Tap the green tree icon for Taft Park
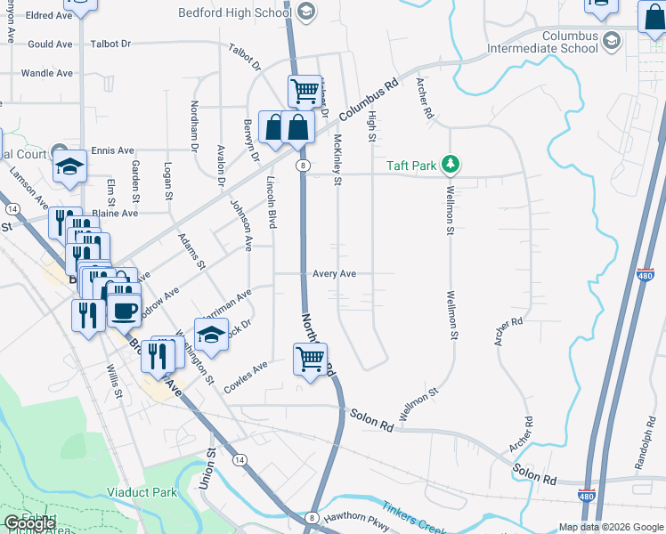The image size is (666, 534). point(451,164)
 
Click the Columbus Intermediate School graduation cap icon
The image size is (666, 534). point(612,41)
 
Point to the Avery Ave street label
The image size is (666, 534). point(335,274)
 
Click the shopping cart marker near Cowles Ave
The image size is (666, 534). point(309,360)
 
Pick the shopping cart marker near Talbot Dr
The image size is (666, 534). point(305,90)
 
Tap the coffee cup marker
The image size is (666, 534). point(124,311)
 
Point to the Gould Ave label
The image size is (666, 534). point(50,44)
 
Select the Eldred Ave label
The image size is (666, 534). point(48,15)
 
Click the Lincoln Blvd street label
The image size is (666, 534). point(272,200)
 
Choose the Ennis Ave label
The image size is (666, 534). point(112,150)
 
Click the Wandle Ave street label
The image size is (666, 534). point(46,73)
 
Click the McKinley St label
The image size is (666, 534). point(337,160)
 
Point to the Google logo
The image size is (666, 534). point(29,523)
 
